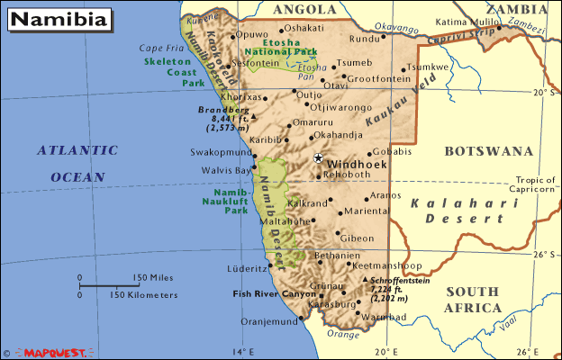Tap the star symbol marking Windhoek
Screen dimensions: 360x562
point(318,157)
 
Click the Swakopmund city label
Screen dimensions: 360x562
point(221,153)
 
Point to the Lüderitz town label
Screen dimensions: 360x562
point(246,268)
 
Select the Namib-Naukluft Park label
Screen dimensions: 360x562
point(224,202)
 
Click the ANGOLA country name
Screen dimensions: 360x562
point(297,9)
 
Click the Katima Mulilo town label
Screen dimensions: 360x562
point(465,21)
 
